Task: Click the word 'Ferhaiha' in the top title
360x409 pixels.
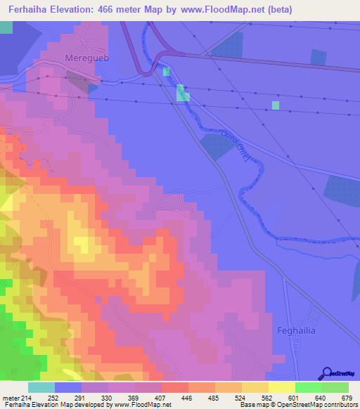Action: pos(30,10)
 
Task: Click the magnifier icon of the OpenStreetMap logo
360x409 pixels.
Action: pos(328,372)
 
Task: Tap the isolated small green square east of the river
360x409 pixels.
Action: pos(276,105)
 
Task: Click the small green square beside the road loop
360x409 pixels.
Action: pos(166,72)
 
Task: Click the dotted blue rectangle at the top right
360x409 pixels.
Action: pos(319,59)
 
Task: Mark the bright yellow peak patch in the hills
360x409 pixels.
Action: pos(83,244)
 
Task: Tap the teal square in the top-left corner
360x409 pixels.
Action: pos(6,27)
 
